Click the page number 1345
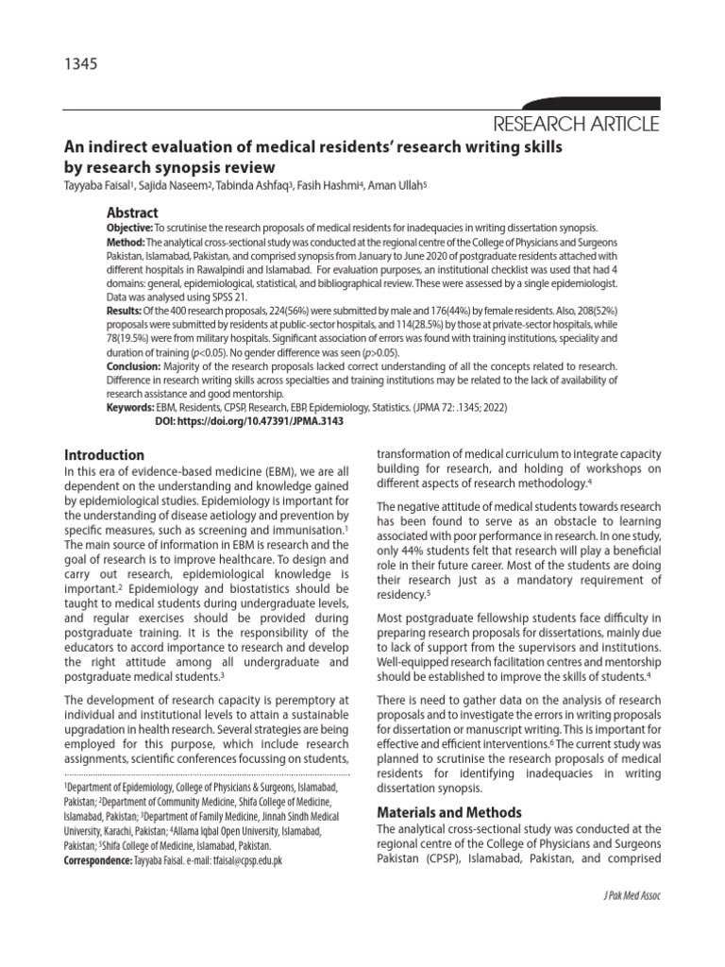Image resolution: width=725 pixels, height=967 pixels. point(80,65)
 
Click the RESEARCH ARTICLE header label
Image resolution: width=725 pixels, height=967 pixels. point(580,125)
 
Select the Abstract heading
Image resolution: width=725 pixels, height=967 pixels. point(132,212)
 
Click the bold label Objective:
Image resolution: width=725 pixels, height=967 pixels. point(129,229)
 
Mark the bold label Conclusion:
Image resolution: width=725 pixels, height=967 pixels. point(133,365)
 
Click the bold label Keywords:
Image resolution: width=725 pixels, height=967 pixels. point(130,406)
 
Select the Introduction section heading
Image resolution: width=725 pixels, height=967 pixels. point(105,455)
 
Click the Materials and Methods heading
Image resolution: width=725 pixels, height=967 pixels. point(448,812)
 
